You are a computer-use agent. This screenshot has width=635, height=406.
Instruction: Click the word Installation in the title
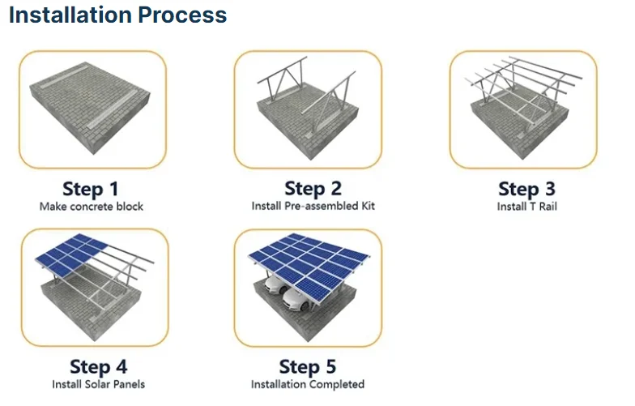(70, 15)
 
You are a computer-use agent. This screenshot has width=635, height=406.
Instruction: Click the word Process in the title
(182, 15)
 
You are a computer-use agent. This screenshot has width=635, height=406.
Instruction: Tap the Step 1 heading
(91, 190)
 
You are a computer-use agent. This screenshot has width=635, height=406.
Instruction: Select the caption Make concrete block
(91, 207)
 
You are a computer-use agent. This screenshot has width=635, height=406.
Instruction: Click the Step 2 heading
(313, 189)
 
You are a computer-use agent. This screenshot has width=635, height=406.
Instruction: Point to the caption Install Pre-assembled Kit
(313, 206)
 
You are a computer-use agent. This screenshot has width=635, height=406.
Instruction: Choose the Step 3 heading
(526, 190)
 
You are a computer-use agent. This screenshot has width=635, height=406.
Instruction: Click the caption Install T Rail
(526, 207)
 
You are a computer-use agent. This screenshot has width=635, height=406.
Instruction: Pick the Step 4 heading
(99, 367)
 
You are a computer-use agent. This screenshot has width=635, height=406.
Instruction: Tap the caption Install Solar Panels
(99, 384)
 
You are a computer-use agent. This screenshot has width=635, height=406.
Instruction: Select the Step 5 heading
(308, 367)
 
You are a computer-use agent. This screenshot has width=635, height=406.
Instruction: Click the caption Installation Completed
(308, 384)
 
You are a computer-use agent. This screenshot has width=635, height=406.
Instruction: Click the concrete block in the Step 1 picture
(91, 108)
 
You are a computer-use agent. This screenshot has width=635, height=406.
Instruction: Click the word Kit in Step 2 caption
(368, 206)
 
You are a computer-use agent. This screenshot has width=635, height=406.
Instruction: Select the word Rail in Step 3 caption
(548, 207)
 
